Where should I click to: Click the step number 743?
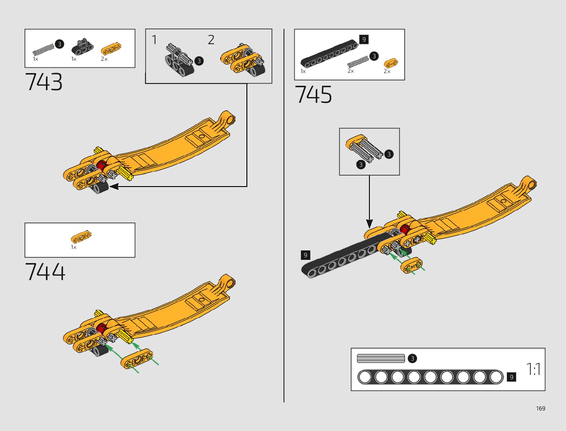44,82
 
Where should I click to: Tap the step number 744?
45,272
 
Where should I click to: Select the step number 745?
313,95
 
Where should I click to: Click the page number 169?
540,408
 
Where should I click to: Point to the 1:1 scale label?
533,369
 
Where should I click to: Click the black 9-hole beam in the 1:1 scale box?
430,377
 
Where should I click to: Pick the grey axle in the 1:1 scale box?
381,358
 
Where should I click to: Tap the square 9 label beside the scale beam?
511,377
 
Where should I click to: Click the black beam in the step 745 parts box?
329,54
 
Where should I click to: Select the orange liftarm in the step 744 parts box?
81,237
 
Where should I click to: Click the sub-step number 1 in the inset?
154,40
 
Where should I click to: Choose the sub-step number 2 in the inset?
211,40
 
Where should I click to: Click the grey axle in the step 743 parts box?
43,49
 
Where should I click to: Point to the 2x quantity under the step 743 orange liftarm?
104,59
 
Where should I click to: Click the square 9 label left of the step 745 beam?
306,255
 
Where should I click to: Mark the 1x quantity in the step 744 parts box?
73,247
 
